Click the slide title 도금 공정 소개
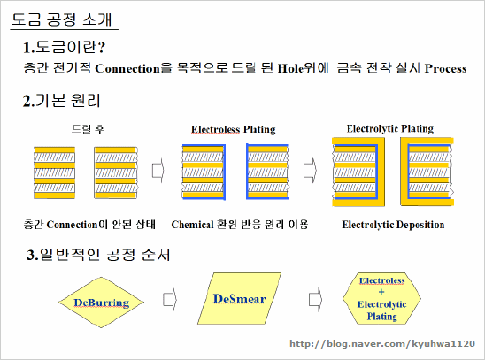coord(62,19)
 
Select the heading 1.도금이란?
coord(64,47)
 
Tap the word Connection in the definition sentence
coord(127,68)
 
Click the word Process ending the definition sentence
coord(445,68)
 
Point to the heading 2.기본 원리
coord(62,101)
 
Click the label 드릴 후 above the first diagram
coord(89,128)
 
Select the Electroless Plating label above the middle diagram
coord(234,129)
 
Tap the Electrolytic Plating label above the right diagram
coord(390,128)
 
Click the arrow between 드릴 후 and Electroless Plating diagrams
coord(158,170)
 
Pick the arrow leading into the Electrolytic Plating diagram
coord(310,170)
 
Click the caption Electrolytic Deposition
coord(393,225)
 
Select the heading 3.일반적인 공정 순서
coord(98,255)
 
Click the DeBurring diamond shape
coord(101,303)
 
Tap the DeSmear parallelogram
coord(240,298)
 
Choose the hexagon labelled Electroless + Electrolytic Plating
coord(381,298)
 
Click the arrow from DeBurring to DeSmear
coord(170,300)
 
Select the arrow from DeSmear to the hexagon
coord(315,300)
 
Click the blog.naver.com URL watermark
coord(382,343)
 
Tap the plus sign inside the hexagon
coord(381,292)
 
